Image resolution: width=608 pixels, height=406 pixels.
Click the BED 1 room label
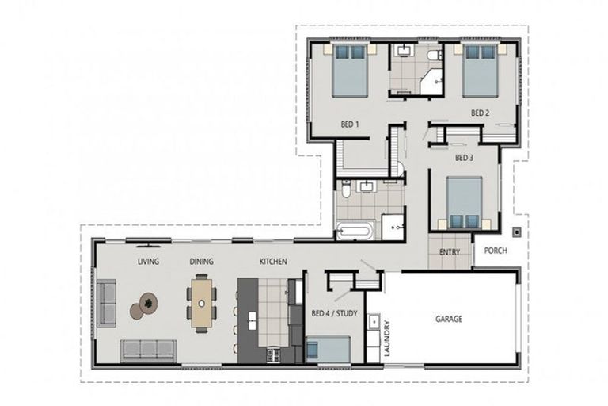(x=350, y=124)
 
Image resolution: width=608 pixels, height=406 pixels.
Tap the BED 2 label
(x=481, y=113)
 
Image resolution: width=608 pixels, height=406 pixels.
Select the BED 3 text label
(x=464, y=158)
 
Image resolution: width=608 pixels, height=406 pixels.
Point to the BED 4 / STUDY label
(x=334, y=314)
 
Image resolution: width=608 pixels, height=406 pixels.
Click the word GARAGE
(x=449, y=319)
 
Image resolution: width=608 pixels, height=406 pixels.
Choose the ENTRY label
(x=450, y=252)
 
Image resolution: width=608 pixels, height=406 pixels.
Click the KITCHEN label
(x=273, y=261)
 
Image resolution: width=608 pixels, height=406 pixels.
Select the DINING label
(x=201, y=261)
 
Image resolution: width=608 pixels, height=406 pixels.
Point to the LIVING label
(x=148, y=261)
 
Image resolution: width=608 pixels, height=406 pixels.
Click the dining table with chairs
(x=203, y=303)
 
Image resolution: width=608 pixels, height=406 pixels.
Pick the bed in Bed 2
(x=481, y=71)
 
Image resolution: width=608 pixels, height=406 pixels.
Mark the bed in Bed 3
(x=464, y=202)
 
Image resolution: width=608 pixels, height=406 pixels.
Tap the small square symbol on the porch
(x=516, y=232)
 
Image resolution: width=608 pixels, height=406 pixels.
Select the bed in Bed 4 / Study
(x=329, y=349)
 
